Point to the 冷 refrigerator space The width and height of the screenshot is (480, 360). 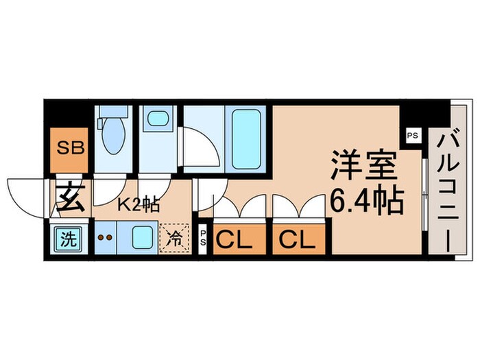pyautogui.click(x=173, y=238)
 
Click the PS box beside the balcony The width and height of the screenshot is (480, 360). pyautogui.click(x=412, y=135)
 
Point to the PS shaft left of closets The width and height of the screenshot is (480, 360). pyautogui.click(x=204, y=240)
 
